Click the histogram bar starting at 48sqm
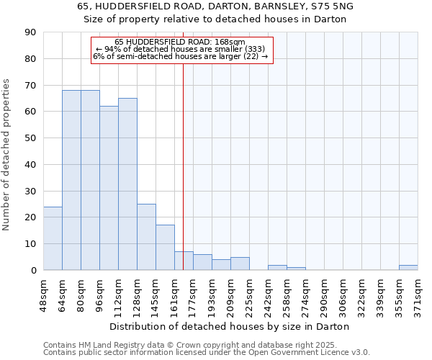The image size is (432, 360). click(53, 238)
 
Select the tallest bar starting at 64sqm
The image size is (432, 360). click(71, 180)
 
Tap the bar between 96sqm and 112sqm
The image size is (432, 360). click(109, 188)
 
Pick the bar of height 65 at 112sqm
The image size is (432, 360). click(127, 184)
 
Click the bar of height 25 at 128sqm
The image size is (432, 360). click(146, 237)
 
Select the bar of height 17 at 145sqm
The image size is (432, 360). click(165, 248)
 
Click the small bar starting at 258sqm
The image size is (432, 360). click(296, 269)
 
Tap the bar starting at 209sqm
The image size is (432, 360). click(240, 264)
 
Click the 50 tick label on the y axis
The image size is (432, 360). click(31, 138)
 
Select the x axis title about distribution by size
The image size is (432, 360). click(230, 326)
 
